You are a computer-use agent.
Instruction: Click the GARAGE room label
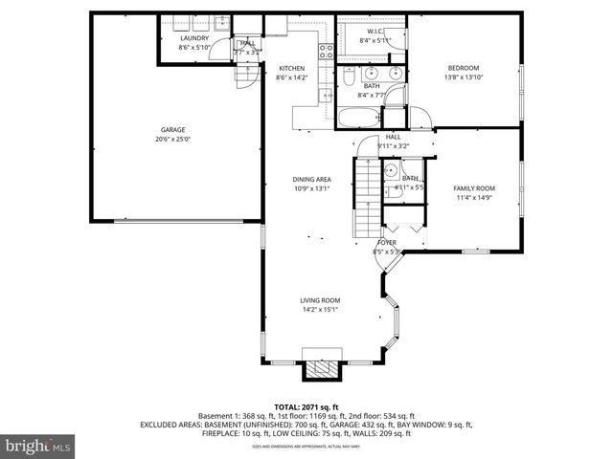172,129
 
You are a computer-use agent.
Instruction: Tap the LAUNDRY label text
194,38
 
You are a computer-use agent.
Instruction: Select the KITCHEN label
292,68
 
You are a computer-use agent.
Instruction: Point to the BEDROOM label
464,68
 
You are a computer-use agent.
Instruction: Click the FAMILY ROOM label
473,187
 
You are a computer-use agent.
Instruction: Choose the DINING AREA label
312,179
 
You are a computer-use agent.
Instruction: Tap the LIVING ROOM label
320,300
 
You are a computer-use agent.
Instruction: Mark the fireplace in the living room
319,371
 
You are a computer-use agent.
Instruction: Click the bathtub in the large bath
358,118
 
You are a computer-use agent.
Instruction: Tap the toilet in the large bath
350,74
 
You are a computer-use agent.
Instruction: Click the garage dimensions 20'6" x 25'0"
172,139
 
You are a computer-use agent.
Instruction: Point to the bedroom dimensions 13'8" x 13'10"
464,77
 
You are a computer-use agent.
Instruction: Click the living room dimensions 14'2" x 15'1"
320,310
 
